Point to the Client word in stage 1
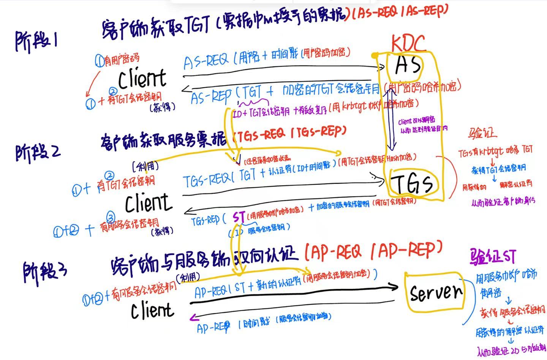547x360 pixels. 142,79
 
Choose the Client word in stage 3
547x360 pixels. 152,310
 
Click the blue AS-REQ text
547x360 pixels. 206,61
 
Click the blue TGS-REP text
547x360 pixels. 206,221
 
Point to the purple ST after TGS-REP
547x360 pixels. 239,217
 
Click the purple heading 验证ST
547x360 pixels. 493,256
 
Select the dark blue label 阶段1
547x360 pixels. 36,41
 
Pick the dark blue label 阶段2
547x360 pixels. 38,152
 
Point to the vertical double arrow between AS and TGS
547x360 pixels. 392,118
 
